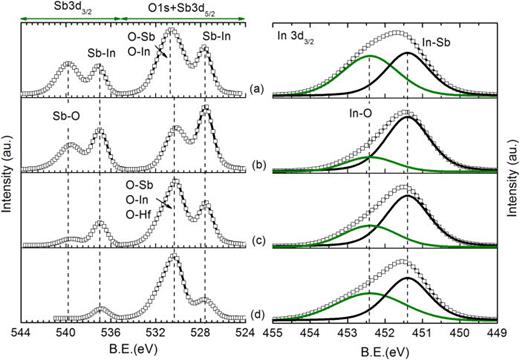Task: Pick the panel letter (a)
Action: (x=256, y=89)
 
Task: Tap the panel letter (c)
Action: (x=256, y=239)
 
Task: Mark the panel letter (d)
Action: (x=256, y=314)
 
